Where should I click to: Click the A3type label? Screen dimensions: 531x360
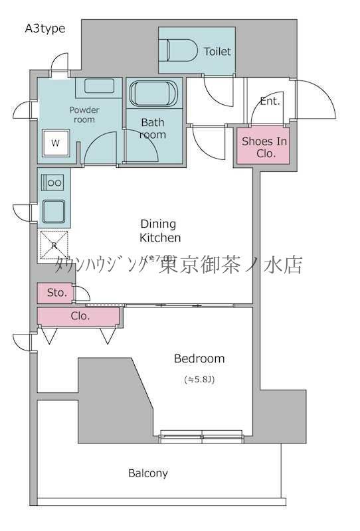(45, 28)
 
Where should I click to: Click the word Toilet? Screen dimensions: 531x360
(218, 51)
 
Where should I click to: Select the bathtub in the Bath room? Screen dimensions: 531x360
(155, 95)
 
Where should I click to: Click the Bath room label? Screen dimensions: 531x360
(153, 128)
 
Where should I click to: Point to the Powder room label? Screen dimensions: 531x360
(84, 114)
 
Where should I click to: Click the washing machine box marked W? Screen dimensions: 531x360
(54, 143)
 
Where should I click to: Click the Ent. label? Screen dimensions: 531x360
(270, 102)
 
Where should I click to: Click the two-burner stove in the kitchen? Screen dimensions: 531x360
(52, 183)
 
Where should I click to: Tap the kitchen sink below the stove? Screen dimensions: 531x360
(53, 212)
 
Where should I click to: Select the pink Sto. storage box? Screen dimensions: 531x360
(55, 292)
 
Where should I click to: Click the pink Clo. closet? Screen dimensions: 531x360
(79, 316)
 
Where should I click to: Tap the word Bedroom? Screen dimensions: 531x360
(199, 358)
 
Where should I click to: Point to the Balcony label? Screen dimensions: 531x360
(148, 473)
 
